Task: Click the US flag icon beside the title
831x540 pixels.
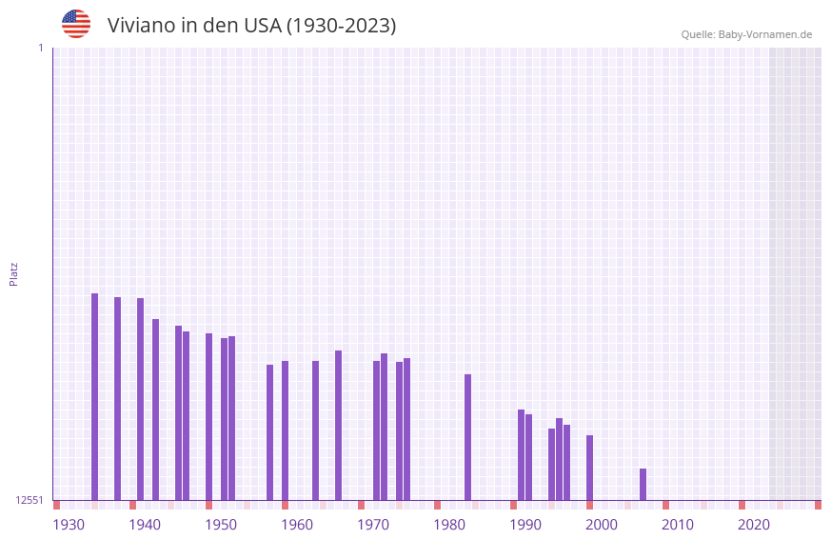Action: (76, 24)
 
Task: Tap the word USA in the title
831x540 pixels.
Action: (261, 26)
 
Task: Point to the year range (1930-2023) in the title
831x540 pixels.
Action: (341, 26)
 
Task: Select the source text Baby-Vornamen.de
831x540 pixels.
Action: (765, 34)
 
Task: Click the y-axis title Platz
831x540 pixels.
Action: (13, 273)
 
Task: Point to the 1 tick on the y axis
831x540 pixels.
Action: (40, 48)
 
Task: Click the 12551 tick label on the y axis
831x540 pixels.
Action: (30, 500)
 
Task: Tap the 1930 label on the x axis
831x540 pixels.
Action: (69, 524)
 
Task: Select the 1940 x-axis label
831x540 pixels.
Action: (145, 524)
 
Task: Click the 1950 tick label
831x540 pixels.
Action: (221, 524)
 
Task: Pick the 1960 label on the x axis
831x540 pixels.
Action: (297, 524)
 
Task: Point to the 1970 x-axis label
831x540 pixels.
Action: (373, 524)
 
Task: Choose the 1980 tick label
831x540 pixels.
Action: (449, 524)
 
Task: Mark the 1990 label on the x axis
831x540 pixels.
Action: (525, 524)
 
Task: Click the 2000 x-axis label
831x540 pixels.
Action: (602, 524)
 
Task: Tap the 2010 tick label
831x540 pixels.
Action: (678, 524)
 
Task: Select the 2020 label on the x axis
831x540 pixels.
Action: (754, 524)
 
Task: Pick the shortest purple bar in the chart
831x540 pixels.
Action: (643, 484)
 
